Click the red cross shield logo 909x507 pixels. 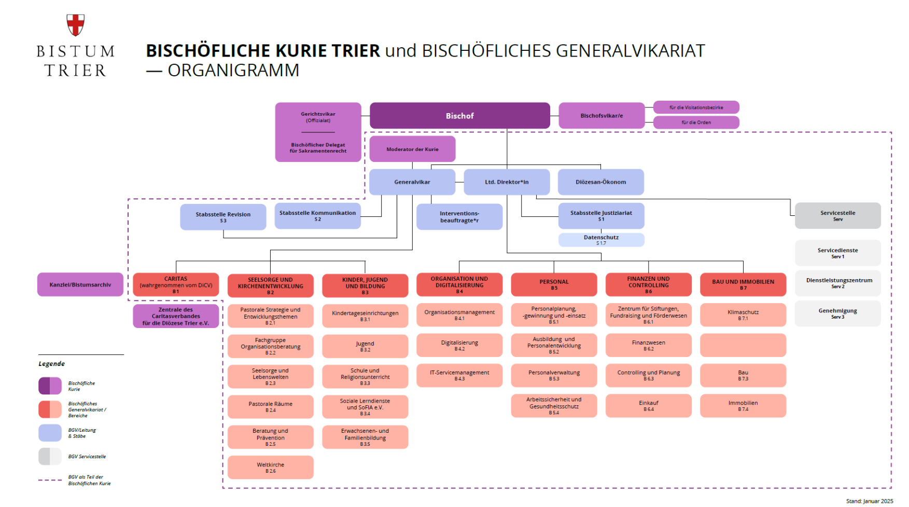[76, 24]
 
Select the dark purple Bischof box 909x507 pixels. [459, 116]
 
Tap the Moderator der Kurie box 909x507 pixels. [412, 149]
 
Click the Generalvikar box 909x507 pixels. [412, 182]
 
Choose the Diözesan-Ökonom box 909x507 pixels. [600, 182]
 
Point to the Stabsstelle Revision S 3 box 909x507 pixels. [223, 217]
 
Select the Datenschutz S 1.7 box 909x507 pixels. [601, 240]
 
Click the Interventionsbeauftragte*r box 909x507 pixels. [459, 216]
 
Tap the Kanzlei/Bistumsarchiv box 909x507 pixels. [80, 284]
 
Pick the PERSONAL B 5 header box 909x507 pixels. [554, 284]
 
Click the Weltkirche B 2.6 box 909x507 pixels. [270, 468]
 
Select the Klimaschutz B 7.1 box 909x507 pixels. [743, 315]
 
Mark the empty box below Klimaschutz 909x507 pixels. [743, 345]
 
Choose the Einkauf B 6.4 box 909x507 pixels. [648, 406]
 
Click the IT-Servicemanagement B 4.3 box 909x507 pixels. [459, 375]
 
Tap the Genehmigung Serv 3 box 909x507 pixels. [837, 313]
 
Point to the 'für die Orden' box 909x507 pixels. [696, 122]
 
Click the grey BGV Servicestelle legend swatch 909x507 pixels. [50, 457]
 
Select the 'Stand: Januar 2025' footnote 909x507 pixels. [869, 501]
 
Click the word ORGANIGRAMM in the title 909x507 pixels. [233, 70]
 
